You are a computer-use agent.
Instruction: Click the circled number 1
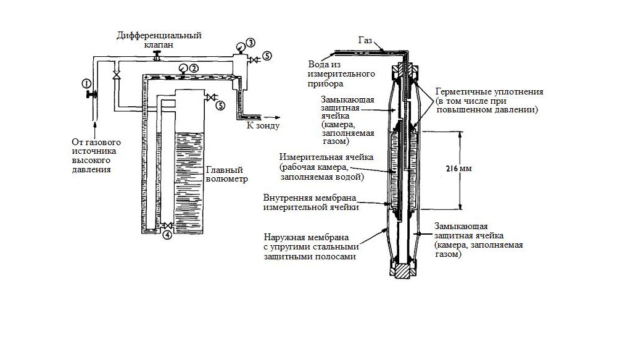click(x=86, y=83)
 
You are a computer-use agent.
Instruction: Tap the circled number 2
click(x=193, y=69)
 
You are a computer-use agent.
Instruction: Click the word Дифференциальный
click(x=153, y=35)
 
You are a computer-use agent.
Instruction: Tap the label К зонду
click(x=263, y=125)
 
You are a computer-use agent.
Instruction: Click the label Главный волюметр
click(x=226, y=175)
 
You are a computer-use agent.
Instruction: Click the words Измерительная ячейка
click(x=318, y=157)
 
